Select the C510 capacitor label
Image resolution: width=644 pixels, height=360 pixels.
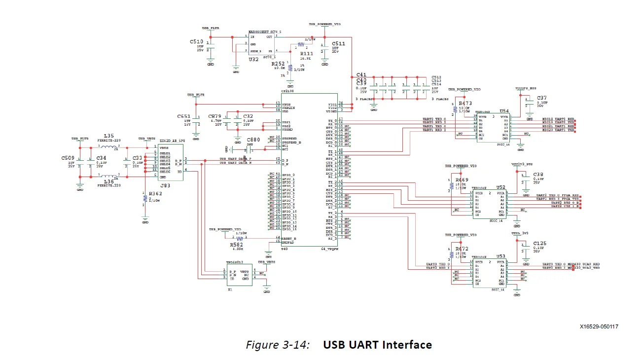click(x=196, y=42)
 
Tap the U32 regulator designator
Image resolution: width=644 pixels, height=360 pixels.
click(x=253, y=59)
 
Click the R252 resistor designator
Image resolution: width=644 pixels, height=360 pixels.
click(x=278, y=64)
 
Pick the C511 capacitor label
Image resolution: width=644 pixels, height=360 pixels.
click(x=338, y=44)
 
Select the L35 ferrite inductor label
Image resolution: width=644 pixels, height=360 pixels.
click(x=108, y=136)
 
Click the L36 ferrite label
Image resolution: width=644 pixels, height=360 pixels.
click(x=109, y=181)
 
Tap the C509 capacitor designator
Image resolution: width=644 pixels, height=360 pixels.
click(x=68, y=158)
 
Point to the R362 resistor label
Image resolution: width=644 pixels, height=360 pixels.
click(x=155, y=194)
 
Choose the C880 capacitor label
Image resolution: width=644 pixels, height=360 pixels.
click(x=253, y=140)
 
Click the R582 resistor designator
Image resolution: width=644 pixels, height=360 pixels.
click(x=237, y=244)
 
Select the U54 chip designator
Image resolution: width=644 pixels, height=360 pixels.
click(x=504, y=111)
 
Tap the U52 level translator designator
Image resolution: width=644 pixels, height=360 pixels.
click(x=501, y=187)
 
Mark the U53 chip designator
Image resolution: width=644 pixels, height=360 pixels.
click(x=501, y=256)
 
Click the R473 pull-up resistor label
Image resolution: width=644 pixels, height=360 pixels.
click(x=465, y=104)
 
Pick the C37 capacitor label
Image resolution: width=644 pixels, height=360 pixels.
click(x=542, y=98)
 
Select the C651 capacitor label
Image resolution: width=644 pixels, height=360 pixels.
click(x=184, y=116)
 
